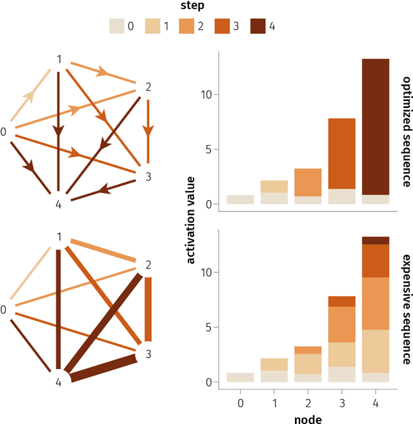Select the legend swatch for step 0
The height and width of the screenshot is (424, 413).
tap(117, 26)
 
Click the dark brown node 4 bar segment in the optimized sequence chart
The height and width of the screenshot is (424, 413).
tap(376, 126)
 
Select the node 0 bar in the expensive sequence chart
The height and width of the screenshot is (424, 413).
tap(240, 378)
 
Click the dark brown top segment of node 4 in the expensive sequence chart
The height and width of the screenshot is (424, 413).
tap(376, 240)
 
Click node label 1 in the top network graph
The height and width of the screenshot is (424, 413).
tap(59, 59)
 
